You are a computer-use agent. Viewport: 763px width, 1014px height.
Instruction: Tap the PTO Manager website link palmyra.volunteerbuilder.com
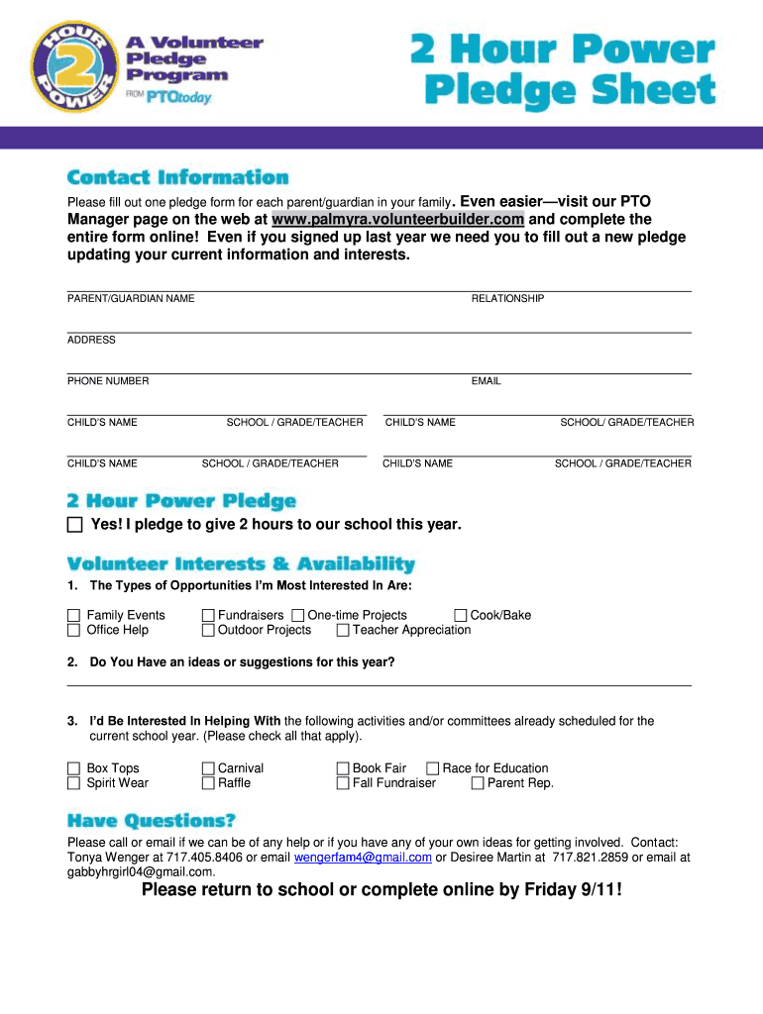click(397, 219)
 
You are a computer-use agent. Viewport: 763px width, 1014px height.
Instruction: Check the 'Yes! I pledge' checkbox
click(75, 525)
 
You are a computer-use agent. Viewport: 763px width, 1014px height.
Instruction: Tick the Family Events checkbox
click(73, 615)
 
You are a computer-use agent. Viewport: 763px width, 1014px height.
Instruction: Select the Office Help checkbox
click(73, 630)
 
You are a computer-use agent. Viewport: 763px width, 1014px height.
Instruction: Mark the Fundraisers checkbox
click(208, 615)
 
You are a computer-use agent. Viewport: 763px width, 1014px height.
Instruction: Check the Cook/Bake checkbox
click(461, 615)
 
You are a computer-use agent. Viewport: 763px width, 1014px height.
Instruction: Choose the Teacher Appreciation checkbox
click(343, 630)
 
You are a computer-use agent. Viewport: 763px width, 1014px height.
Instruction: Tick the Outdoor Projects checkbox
click(208, 630)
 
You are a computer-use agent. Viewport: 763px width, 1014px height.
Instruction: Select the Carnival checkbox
click(208, 768)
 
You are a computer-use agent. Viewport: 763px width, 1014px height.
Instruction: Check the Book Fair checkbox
click(343, 768)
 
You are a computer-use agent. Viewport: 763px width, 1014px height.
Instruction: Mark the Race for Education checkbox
click(432, 768)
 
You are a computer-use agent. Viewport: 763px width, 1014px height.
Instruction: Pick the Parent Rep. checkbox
click(478, 783)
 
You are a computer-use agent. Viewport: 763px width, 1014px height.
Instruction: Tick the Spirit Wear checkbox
click(73, 783)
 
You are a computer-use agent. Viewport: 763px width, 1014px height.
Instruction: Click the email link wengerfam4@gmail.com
click(363, 858)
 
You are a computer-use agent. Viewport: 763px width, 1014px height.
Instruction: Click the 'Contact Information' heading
click(177, 178)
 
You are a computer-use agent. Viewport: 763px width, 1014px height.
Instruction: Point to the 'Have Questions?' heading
click(152, 821)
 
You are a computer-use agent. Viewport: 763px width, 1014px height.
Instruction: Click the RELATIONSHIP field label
click(507, 298)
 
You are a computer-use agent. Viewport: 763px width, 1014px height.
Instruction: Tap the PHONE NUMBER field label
click(108, 381)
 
